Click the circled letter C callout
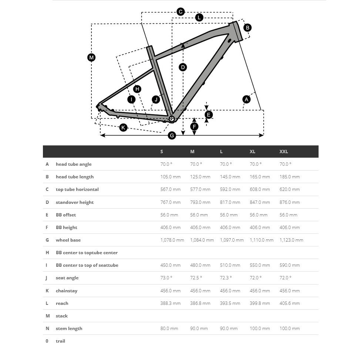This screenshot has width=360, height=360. coord(181,12)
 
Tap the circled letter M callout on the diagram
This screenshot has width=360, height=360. coord(91,57)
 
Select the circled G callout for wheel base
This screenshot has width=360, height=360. coord(172,135)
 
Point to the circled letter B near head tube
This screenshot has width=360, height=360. coord(247,27)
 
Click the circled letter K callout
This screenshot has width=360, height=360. coord(123,128)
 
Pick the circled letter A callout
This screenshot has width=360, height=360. coord(246,99)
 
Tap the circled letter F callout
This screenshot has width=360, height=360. coord(194,127)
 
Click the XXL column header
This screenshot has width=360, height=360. coord(284,152)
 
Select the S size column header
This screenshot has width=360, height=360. coord(162,152)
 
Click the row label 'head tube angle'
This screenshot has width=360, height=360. coord(74,164)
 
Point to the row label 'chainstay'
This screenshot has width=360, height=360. coord(67,291)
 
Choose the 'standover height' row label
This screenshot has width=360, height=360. coord(75,202)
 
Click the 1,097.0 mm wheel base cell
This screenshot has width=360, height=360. coord(232,240)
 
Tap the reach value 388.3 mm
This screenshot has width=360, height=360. coord(171,303)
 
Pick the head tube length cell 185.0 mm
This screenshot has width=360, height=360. coord(290,177)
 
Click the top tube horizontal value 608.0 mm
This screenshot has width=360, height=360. coord(260,189)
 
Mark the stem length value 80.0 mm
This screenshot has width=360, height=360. coord(169,329)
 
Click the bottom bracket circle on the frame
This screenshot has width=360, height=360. coord(172,119)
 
